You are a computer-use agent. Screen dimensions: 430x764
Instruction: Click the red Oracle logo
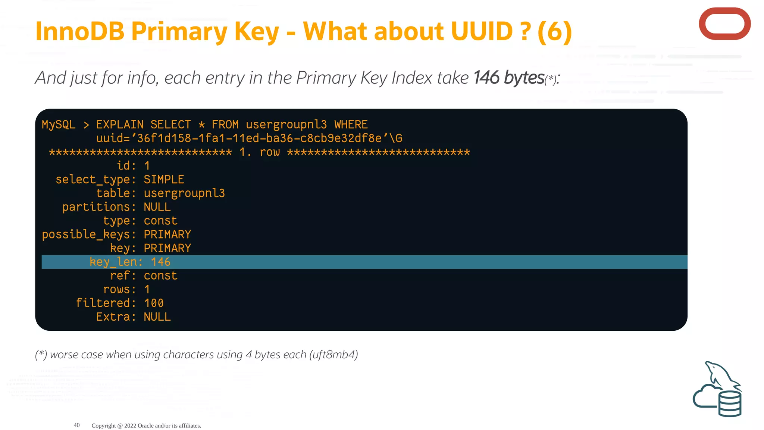(x=724, y=24)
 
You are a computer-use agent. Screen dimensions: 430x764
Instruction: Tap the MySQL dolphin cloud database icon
(x=717, y=390)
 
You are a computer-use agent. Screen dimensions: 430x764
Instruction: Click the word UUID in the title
(x=482, y=31)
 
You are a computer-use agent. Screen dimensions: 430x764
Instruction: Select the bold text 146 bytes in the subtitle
(x=509, y=78)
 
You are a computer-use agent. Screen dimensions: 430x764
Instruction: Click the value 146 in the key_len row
(x=161, y=262)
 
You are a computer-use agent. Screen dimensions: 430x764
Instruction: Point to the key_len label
(x=116, y=262)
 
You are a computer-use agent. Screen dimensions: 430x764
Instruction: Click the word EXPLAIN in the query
(x=120, y=125)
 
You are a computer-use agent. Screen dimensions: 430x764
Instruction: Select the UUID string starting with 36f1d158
(x=259, y=138)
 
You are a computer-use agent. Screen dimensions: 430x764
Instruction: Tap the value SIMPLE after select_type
(x=164, y=180)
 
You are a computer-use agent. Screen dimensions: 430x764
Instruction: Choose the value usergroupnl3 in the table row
(x=184, y=193)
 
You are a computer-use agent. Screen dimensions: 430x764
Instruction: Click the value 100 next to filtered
(x=154, y=303)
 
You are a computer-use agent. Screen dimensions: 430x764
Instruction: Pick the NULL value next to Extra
(x=157, y=317)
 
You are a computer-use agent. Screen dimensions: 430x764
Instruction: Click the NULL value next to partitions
(x=157, y=207)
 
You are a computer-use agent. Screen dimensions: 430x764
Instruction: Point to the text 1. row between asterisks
(x=259, y=152)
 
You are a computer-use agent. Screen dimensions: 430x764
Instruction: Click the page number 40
(x=76, y=425)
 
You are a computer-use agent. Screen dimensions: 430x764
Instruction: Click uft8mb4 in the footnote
(x=334, y=355)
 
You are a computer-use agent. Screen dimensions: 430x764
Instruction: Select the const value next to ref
(x=160, y=276)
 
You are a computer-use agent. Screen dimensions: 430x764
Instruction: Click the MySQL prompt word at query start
(x=59, y=125)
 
